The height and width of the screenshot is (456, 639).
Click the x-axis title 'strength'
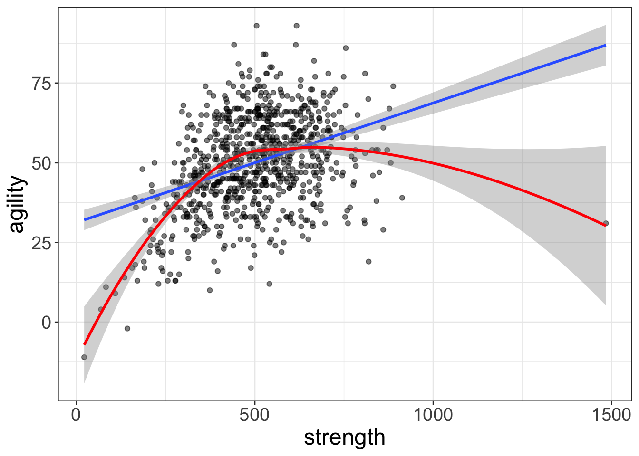pos(345,437)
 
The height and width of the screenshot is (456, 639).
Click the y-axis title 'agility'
pos(17,204)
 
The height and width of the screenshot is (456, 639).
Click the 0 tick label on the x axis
pos(76,415)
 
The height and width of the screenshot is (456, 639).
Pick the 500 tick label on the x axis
pos(254,415)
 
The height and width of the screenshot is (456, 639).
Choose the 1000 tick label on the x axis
pos(433,415)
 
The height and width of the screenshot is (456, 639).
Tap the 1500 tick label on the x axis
pos(611,415)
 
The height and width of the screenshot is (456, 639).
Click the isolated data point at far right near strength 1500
pos(606,223)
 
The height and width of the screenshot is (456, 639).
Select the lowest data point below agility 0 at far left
pos(84,357)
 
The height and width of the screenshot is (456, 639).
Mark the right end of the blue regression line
pos(606,45)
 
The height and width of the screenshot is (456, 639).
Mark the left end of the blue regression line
pos(85,220)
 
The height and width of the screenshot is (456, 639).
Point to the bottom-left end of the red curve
pos(85,344)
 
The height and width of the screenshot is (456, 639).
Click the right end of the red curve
pos(606,226)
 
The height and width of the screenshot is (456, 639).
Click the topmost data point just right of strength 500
pos(256,26)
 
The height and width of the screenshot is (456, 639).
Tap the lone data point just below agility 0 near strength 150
pos(127,328)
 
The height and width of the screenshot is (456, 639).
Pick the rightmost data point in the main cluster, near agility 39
pos(402,198)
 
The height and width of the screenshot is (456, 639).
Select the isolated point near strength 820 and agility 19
pos(368,261)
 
